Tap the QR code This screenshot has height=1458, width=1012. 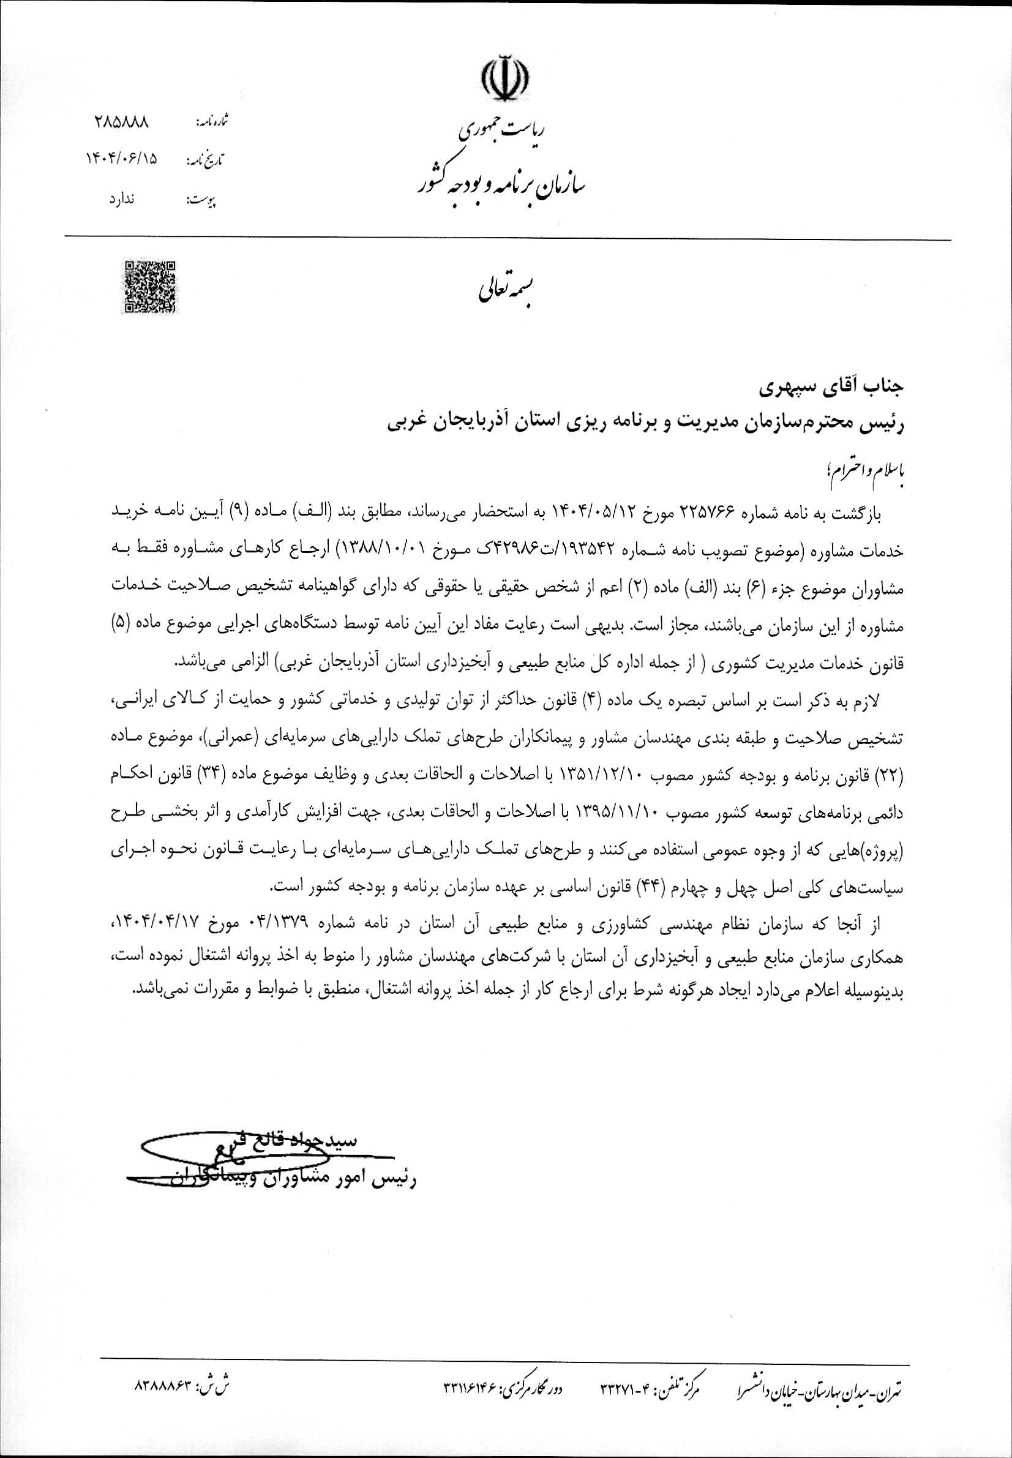149,287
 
